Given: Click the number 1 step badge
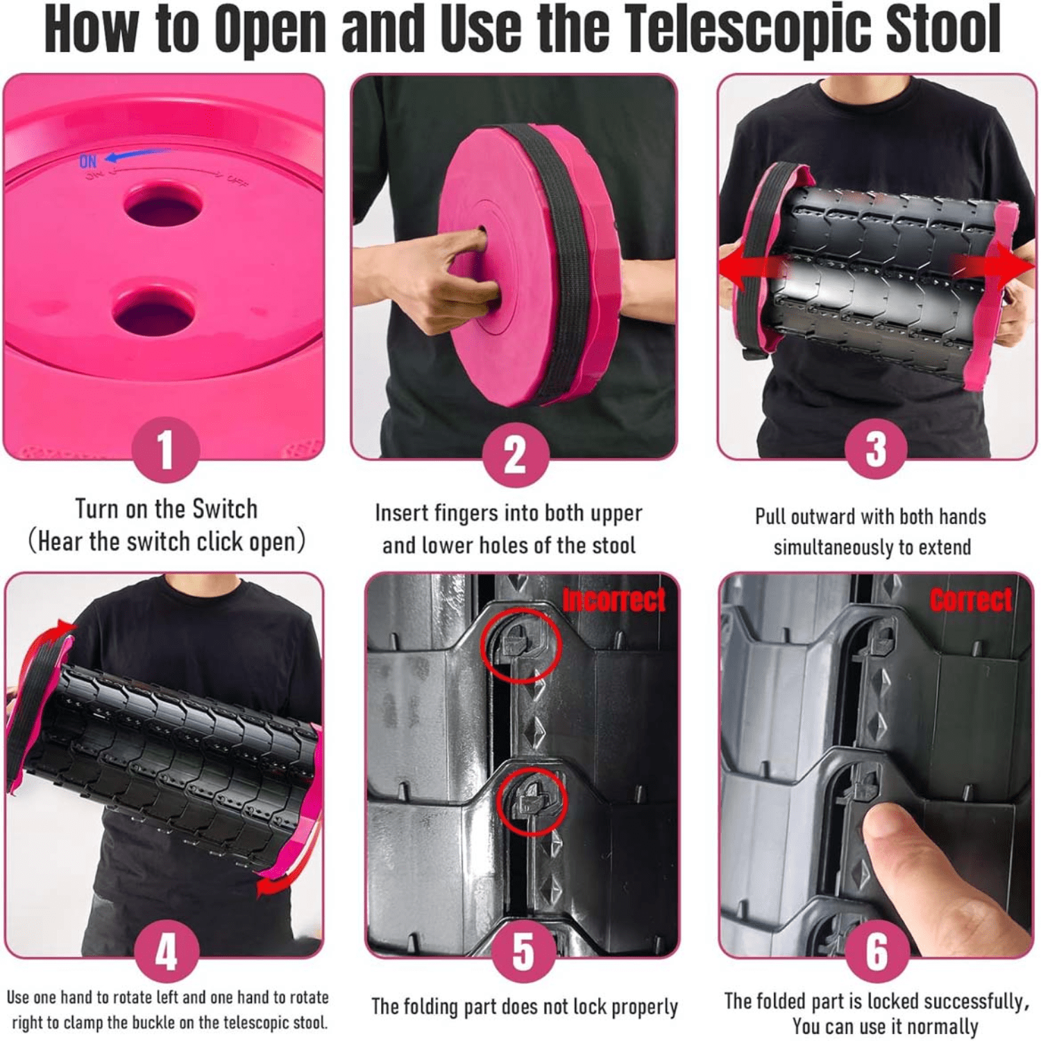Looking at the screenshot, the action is pos(164,450).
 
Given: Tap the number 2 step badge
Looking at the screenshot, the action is pos(516,455).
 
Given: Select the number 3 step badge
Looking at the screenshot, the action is pos(876,450).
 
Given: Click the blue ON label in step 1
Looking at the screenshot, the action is pos(88,162).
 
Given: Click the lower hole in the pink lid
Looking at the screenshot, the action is pos(153,312).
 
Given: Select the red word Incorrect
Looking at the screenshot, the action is pos(613,600).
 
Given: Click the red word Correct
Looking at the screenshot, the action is pos(971,600).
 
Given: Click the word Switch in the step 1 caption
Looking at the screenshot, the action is pos(224,509).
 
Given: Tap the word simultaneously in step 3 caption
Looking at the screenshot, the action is pos(835,548).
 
